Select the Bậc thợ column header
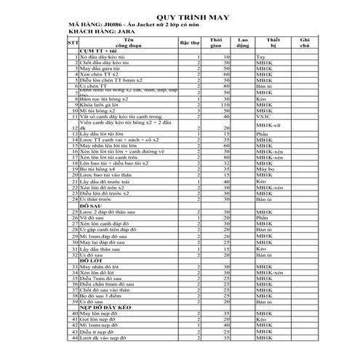point(191,44)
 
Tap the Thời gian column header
point(217,44)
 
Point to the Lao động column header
point(244,44)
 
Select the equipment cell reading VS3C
point(264,116)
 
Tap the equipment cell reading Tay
point(261,56)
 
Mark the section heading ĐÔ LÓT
point(90,260)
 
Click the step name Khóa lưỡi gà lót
point(102,105)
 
